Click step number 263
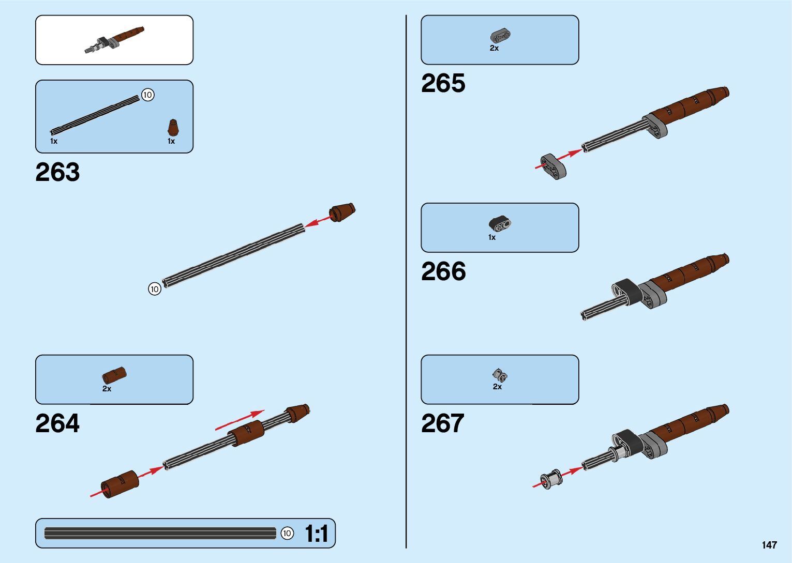click(x=57, y=173)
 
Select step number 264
click(x=57, y=424)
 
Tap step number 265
click(x=443, y=84)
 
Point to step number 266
click(x=443, y=272)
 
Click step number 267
click(x=443, y=424)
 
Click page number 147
click(x=769, y=545)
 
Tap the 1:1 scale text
click(x=316, y=534)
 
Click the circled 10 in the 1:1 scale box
click(x=287, y=533)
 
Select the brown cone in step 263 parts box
click(x=173, y=128)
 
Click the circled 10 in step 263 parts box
click(x=147, y=95)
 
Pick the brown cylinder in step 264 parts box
click(x=114, y=375)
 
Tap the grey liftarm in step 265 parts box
click(x=500, y=36)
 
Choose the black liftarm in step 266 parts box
click(x=500, y=223)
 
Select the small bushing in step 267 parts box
click(x=500, y=375)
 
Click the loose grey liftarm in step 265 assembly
click(x=554, y=166)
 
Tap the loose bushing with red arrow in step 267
click(x=551, y=479)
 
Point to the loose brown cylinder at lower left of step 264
click(x=120, y=484)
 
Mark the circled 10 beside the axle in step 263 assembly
click(x=155, y=289)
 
